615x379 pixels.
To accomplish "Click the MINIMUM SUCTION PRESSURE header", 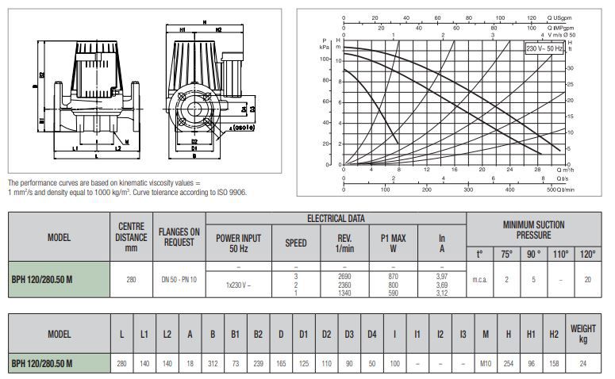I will [534, 230].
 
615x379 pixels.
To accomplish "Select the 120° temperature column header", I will [589, 255].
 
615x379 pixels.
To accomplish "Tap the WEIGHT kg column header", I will [582, 335].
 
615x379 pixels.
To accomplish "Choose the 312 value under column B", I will [213, 363].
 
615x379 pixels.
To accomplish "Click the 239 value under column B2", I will [259, 363].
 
